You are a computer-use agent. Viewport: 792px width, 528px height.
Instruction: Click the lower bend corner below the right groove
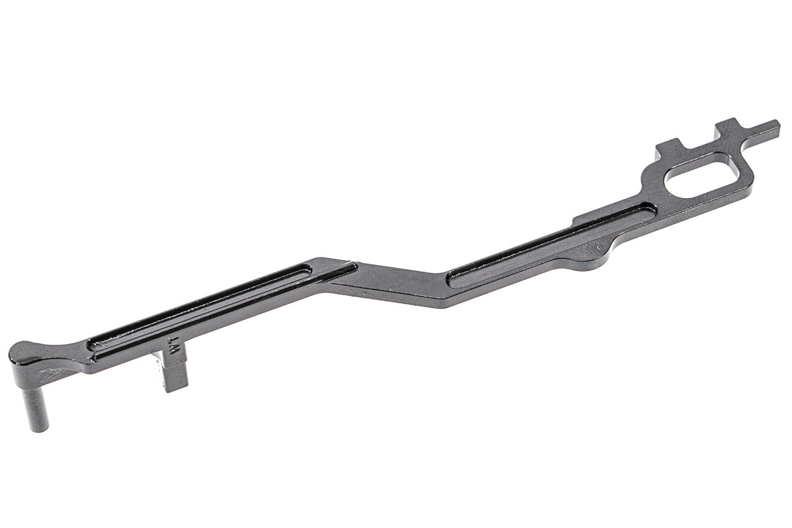442,305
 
